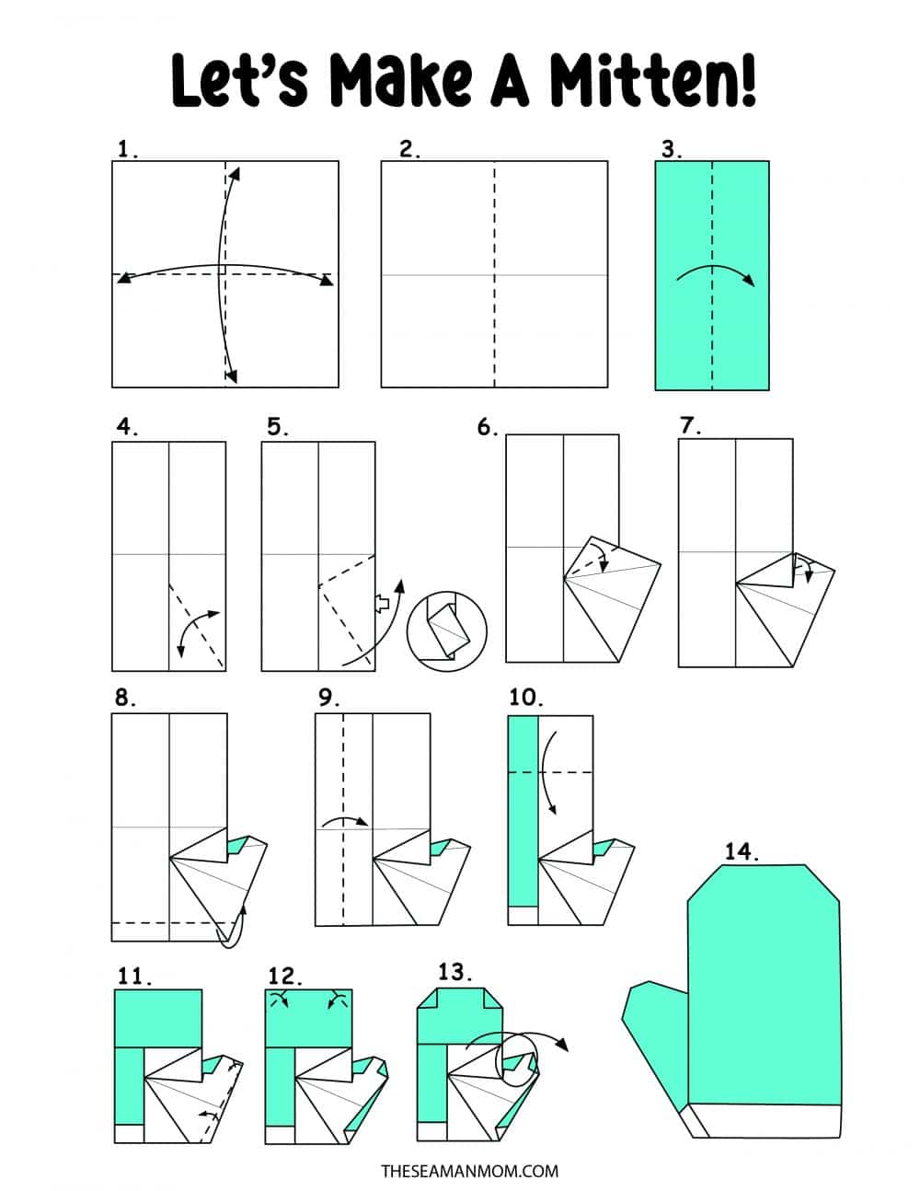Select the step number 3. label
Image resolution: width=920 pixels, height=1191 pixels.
(x=672, y=148)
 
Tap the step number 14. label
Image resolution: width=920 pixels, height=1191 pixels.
(x=741, y=851)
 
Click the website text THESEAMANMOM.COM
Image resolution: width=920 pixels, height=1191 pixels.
(x=470, y=1171)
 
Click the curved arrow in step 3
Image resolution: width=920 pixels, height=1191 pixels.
(x=715, y=273)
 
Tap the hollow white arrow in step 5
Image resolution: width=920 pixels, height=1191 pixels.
(x=382, y=603)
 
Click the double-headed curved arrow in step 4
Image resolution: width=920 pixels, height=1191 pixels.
(x=198, y=631)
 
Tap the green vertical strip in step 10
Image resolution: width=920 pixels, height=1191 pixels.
(x=523, y=810)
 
